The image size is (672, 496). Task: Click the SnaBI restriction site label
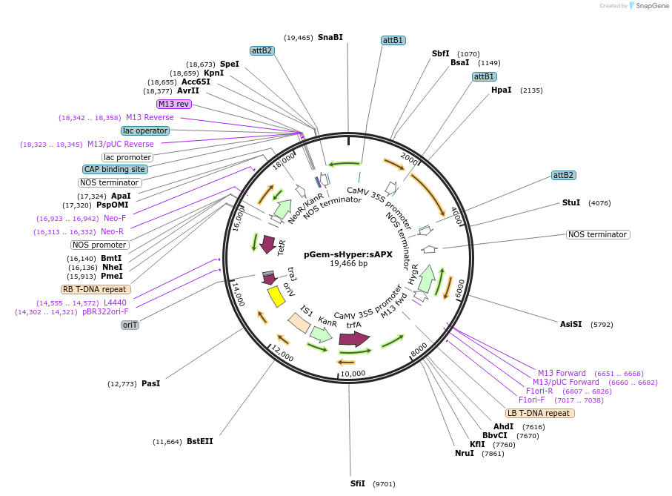(x=330, y=37)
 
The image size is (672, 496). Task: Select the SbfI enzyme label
(x=441, y=53)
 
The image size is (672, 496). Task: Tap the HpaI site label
(x=501, y=90)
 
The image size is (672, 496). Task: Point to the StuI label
(x=570, y=202)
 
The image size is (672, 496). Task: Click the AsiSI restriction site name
(x=571, y=323)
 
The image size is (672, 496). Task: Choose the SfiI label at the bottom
(x=358, y=483)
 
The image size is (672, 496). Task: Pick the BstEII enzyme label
(x=199, y=441)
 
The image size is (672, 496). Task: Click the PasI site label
(x=150, y=383)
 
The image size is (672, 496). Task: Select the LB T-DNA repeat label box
(x=539, y=413)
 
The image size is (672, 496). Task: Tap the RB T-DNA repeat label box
(x=96, y=289)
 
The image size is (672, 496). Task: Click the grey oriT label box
(x=130, y=325)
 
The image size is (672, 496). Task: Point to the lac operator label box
(x=145, y=130)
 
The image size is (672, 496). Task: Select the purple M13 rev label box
(x=173, y=104)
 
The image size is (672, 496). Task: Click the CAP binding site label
(x=115, y=169)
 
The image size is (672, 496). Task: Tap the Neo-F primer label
(x=114, y=218)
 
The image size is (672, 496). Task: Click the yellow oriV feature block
(x=276, y=296)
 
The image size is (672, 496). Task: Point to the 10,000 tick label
(x=353, y=373)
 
